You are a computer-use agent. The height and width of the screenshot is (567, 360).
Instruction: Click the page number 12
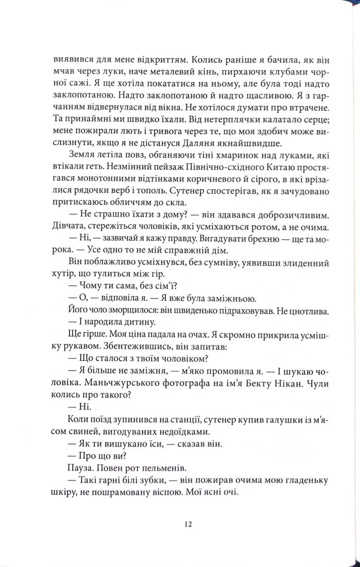tap(187, 524)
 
